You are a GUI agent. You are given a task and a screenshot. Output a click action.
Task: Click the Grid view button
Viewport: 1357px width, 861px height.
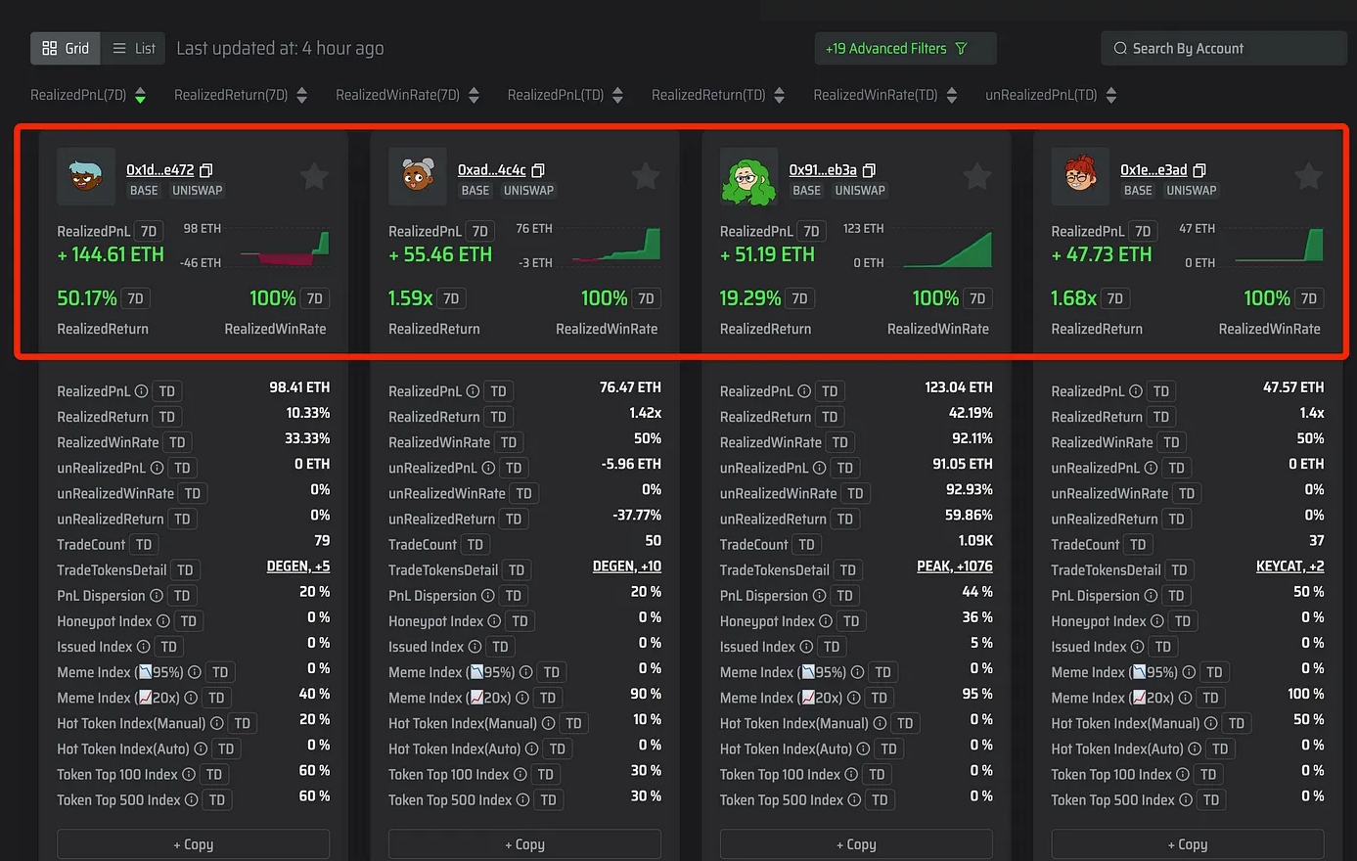click(x=66, y=48)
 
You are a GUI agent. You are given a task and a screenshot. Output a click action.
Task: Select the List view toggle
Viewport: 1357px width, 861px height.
click(x=133, y=48)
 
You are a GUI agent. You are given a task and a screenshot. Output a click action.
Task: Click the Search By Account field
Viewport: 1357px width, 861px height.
click(x=1223, y=48)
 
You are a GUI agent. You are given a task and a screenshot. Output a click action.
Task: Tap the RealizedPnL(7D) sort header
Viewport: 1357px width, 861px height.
click(x=88, y=95)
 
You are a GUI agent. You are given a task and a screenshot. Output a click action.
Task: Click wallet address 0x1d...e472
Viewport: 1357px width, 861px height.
click(x=159, y=170)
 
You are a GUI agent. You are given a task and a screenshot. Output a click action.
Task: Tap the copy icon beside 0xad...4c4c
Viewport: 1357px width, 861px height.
click(x=538, y=170)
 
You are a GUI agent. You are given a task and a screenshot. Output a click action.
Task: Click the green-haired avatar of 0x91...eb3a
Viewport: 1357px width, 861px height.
click(x=747, y=177)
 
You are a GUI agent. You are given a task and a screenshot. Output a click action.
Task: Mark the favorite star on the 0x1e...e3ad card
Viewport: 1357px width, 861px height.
click(x=1308, y=176)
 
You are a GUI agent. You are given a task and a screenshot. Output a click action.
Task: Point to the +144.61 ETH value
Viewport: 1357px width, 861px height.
click(x=111, y=254)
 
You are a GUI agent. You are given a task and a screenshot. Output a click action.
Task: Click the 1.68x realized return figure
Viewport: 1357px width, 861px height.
click(x=1073, y=297)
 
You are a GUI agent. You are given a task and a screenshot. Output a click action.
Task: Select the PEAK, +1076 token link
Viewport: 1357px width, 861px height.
click(x=954, y=566)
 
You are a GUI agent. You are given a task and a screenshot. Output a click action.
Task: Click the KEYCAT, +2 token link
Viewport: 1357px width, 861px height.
click(x=1289, y=566)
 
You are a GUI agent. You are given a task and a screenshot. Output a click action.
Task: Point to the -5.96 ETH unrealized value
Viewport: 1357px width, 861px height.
click(x=631, y=464)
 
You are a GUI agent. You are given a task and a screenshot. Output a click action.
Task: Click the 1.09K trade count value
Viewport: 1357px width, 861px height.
click(x=975, y=541)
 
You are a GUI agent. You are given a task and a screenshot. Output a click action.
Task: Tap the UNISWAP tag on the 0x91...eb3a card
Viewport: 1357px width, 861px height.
click(x=860, y=191)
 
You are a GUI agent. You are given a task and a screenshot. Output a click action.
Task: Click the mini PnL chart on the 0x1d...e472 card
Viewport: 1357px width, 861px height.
click(x=284, y=247)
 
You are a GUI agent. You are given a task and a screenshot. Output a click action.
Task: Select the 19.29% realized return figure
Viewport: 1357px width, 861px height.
click(x=749, y=297)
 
